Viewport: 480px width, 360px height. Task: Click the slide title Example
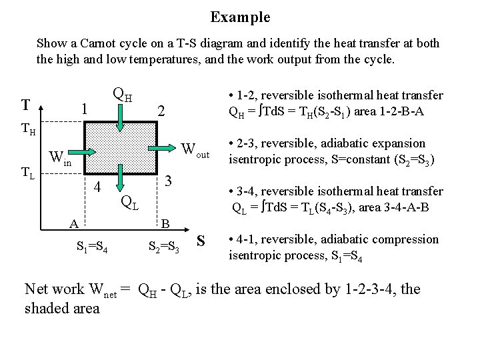[x=240, y=16]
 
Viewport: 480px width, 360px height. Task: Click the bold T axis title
[x=25, y=105]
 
